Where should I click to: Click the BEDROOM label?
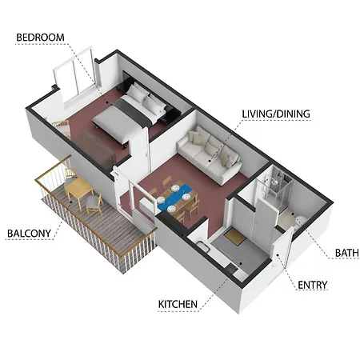click(x=40, y=38)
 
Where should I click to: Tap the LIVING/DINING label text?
click(x=276, y=114)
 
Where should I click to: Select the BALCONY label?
click(x=29, y=234)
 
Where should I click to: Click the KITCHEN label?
click(x=178, y=304)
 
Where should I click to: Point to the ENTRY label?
click(x=312, y=285)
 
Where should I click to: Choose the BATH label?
click(x=346, y=253)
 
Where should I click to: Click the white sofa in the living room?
click(x=210, y=154)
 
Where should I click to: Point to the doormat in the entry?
click(x=234, y=237)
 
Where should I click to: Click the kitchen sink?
click(x=202, y=246)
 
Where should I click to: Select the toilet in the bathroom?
click(x=300, y=222)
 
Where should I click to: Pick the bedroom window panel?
click(x=74, y=78)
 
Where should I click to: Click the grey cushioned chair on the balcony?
click(x=94, y=202)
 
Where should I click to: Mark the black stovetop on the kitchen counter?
click(x=231, y=268)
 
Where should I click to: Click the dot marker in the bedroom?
click(x=107, y=102)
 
